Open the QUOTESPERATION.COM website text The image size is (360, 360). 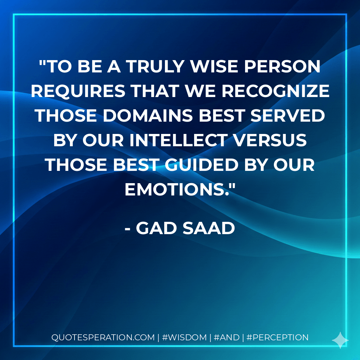tap(103, 337)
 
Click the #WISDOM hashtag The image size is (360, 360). tap(184, 337)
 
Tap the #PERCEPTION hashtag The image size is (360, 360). tap(277, 337)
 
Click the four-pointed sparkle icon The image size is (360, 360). tap(340, 340)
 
